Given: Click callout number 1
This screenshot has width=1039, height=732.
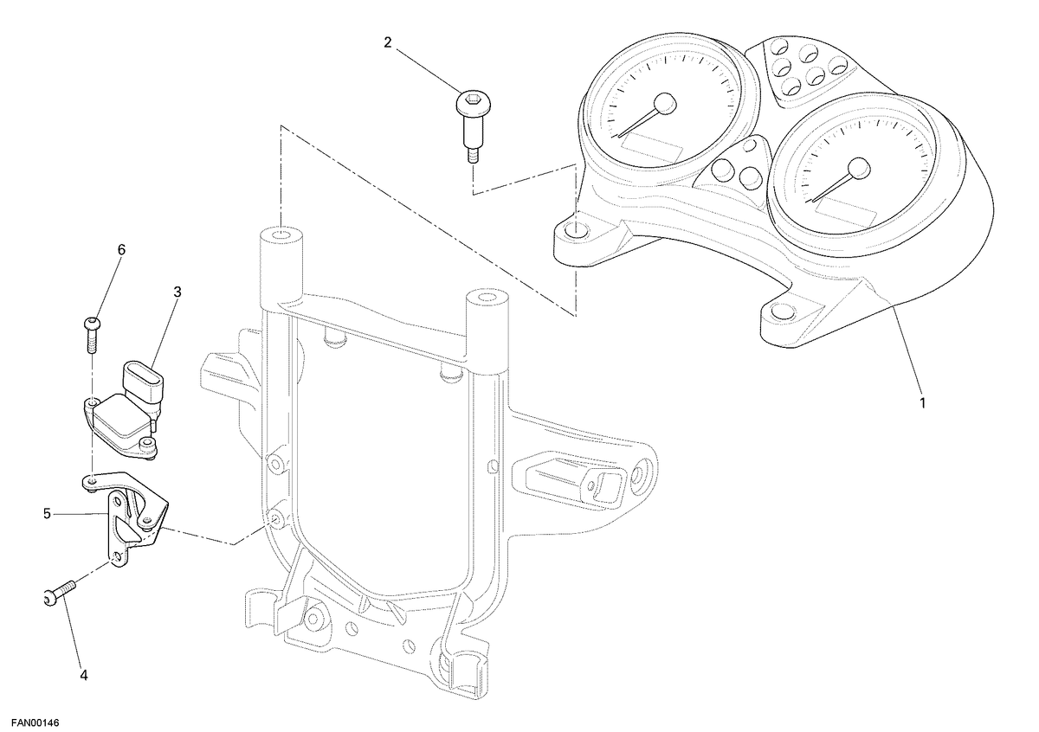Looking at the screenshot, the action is tap(922, 403).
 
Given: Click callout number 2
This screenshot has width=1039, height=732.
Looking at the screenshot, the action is tap(388, 42).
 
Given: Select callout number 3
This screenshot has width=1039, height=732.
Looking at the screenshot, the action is tap(177, 292).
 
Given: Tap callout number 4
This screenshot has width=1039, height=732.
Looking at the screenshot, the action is tap(83, 675).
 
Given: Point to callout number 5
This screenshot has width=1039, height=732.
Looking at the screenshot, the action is tap(47, 514).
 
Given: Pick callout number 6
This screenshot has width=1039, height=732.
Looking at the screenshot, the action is tap(121, 250).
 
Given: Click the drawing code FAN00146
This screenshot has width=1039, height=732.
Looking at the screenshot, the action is tap(35, 722).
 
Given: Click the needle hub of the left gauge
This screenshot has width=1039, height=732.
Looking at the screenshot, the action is tap(665, 104).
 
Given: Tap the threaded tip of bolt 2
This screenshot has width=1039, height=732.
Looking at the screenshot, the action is tap(472, 155).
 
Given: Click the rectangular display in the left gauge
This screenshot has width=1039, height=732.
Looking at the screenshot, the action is tap(652, 146).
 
